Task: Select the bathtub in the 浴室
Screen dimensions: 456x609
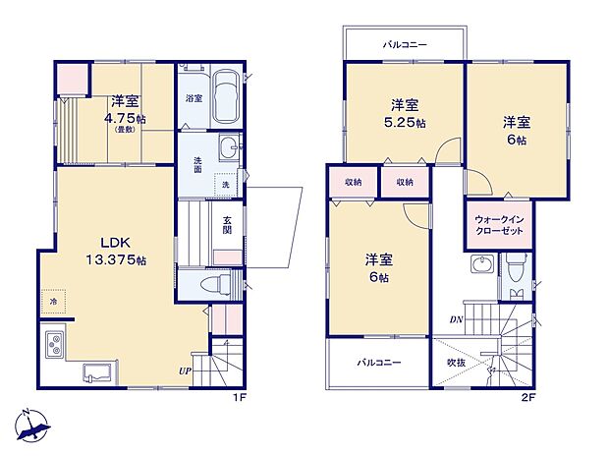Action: [x=224, y=99]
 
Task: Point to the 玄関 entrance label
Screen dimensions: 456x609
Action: [x=227, y=225]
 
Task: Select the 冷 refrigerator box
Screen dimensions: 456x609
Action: [x=53, y=302]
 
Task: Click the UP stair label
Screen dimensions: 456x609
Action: [x=185, y=370]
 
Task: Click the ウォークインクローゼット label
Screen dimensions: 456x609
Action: [x=499, y=225]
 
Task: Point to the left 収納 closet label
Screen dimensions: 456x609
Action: [x=353, y=182]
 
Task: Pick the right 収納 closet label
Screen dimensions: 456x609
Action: [x=405, y=182]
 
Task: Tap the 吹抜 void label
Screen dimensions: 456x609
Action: [x=455, y=363]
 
